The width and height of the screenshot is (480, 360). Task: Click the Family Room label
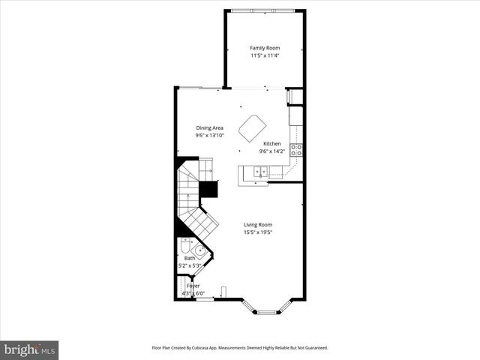265,48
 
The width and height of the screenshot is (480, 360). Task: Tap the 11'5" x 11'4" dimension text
265,55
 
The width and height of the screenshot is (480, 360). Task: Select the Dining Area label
210,127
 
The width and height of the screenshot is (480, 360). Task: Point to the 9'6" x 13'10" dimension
210,135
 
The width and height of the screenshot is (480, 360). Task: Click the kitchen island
252,127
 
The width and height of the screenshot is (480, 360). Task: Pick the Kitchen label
272,143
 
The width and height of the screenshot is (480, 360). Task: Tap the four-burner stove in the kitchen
296,149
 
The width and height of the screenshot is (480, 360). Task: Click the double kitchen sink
261,172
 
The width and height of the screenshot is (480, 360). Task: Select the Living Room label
257,224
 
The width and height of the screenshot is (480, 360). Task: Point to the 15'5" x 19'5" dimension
257,232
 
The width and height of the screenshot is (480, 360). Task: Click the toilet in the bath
184,248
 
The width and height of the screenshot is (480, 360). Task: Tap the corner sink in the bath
200,250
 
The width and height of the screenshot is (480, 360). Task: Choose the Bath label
190,259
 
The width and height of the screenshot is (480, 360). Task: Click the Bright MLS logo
30,349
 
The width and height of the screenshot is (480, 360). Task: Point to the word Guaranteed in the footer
313,348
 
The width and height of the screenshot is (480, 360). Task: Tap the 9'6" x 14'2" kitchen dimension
272,151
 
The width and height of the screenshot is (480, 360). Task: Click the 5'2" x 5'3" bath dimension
190,265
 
